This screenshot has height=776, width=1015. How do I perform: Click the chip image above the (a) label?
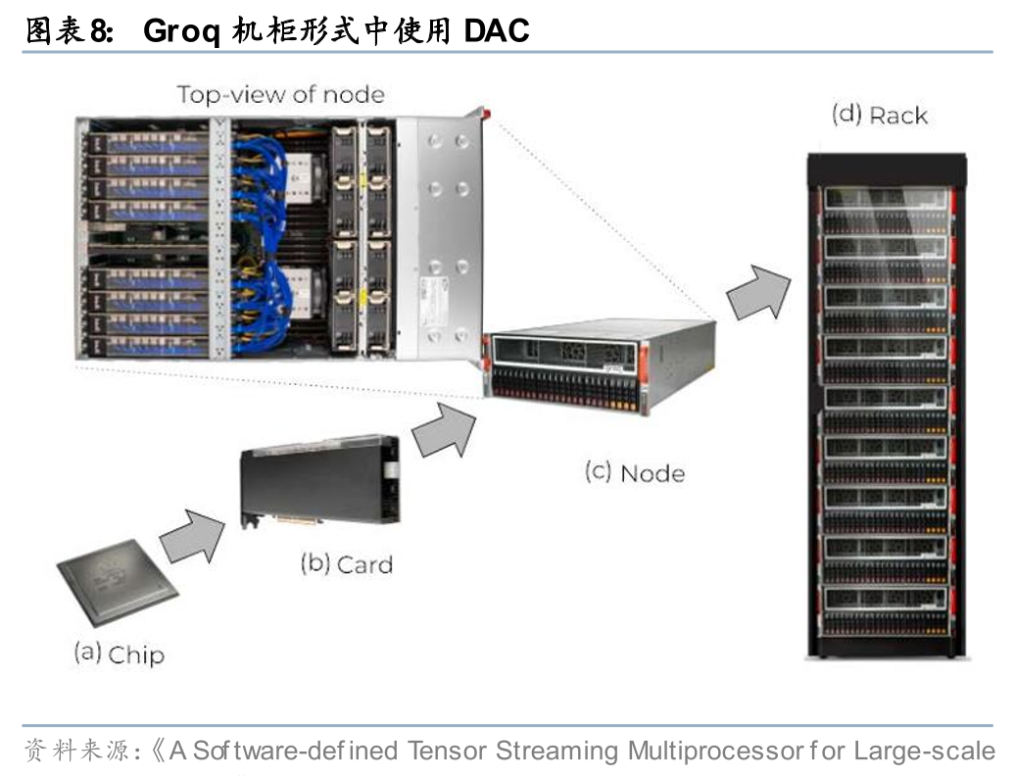118,589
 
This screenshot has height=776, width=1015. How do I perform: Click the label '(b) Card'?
346,564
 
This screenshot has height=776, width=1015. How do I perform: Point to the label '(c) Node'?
635,472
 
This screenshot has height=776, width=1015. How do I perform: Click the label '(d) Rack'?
879,115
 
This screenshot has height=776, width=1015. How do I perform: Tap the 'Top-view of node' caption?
280,94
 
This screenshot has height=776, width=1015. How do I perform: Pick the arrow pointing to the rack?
760,289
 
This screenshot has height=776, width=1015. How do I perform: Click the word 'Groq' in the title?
180,31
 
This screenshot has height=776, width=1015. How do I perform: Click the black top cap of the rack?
887,167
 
